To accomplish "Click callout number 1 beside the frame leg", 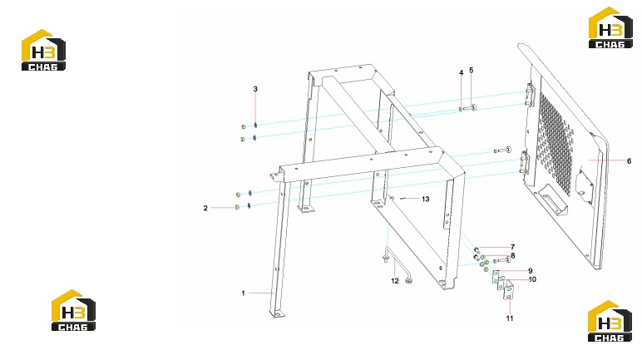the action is (x=243, y=293).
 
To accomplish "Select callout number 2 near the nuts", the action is (x=205, y=208).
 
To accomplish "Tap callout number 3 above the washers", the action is (x=255, y=89).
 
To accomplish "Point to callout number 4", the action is (x=462, y=73).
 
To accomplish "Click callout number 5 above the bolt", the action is (x=472, y=71).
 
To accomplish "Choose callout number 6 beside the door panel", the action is (x=630, y=161).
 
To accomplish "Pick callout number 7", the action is (x=512, y=247).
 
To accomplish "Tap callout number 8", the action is (x=512, y=255).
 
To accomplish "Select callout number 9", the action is (x=531, y=271).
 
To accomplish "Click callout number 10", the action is (x=532, y=279).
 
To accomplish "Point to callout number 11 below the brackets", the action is (x=509, y=318).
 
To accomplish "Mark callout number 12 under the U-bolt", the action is (x=395, y=281).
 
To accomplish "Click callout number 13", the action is (x=426, y=199).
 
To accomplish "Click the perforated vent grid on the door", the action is (x=556, y=142).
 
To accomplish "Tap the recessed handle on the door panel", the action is (x=554, y=197).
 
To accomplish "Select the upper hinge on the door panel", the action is (x=531, y=96).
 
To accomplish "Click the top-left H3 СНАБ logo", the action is (x=43, y=50).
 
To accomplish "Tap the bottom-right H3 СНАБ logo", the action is (x=610, y=321).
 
